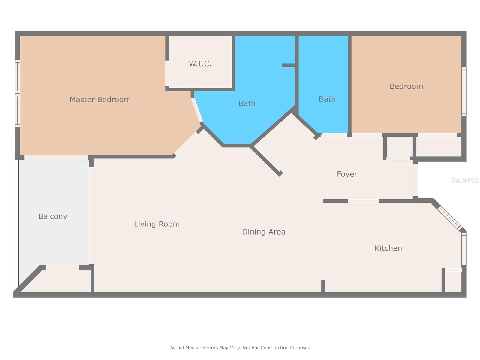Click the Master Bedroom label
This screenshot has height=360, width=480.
coord(100,100)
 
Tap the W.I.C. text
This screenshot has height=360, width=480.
coord(200,64)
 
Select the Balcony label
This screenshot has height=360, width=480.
coord(53,216)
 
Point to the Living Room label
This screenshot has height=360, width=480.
coord(157,224)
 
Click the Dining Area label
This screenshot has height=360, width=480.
coord(263,232)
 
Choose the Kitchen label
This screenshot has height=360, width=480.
coord(388,248)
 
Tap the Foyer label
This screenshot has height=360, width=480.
coord(347,174)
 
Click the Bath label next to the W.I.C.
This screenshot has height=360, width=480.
coord(247,103)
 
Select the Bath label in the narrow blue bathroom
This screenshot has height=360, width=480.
coord(327,99)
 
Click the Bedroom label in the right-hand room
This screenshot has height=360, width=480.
coord(406,86)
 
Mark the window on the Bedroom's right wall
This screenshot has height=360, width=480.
coord(464,91)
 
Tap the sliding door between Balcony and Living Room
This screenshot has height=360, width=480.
coord(92,215)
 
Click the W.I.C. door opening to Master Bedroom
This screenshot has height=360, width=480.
coord(167,73)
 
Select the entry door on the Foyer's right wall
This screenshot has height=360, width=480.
coord(415,180)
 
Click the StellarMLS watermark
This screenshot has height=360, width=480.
coord(465,180)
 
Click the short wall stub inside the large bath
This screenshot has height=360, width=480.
coord(289,65)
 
